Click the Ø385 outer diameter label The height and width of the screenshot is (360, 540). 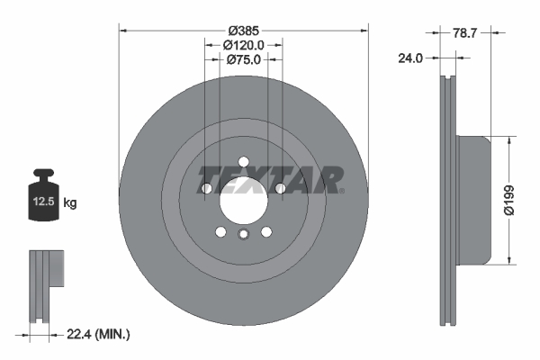tap(244, 31)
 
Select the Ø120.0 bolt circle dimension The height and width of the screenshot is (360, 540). tap(244, 45)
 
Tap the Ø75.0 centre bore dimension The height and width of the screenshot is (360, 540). tap(244, 59)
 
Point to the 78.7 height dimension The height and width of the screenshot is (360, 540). tap(464, 33)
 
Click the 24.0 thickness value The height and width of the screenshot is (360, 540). tap(410, 58)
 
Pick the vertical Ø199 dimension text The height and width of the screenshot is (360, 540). tap(508, 200)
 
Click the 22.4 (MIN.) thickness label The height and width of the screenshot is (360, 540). tap(98, 334)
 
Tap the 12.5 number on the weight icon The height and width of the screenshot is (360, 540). tap(44, 202)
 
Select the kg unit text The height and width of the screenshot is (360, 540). tap(70, 202)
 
